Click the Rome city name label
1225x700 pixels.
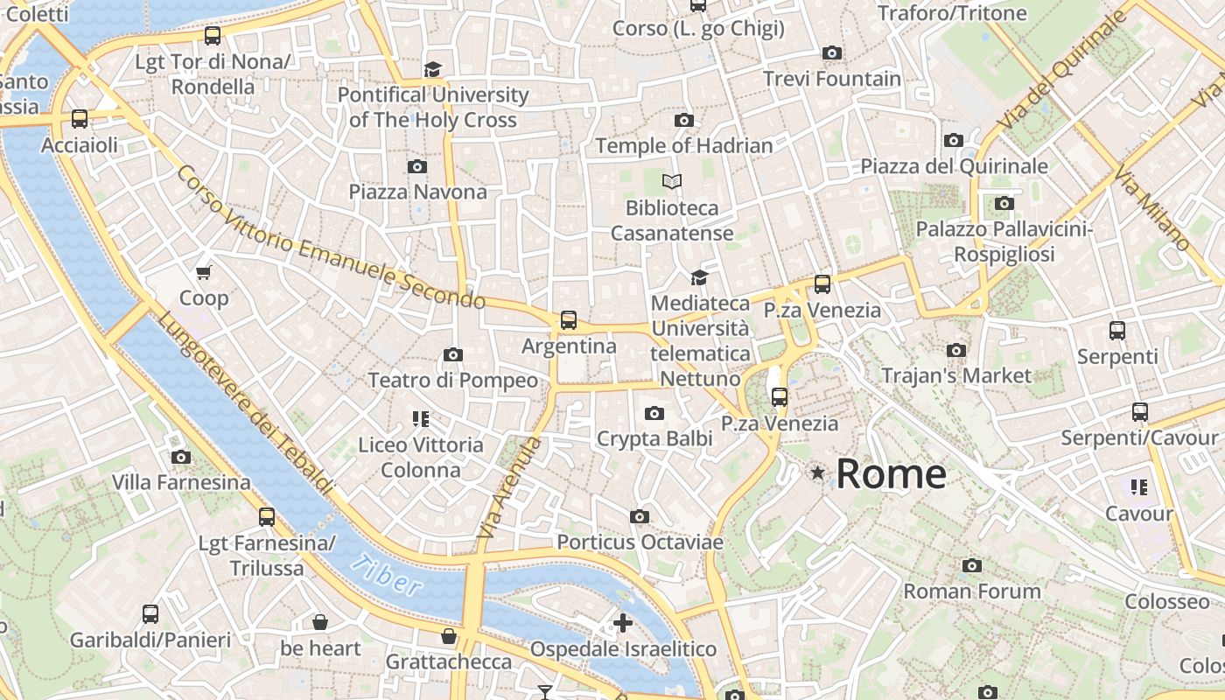pyautogui.click(x=891, y=474)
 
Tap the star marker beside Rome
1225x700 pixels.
pyautogui.click(x=818, y=472)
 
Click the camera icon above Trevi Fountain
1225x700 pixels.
pyautogui.click(x=832, y=53)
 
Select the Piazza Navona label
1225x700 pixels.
pyautogui.click(x=417, y=192)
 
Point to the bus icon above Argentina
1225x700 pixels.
pyautogui.click(x=569, y=320)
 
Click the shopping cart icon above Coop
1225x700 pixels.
pyautogui.click(x=204, y=273)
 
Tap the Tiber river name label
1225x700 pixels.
pyautogui.click(x=386, y=575)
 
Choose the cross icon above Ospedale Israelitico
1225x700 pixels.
pyautogui.click(x=623, y=623)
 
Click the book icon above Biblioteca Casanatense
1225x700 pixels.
pyautogui.click(x=672, y=181)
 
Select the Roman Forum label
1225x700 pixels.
pyautogui.click(x=971, y=591)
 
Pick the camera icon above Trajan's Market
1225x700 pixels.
pyautogui.click(x=956, y=351)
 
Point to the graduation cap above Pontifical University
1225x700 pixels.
pyautogui.click(x=432, y=69)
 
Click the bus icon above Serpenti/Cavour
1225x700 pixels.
pyautogui.click(x=1139, y=412)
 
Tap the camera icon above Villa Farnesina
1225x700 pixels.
pyautogui.click(x=181, y=457)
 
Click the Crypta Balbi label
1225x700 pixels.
pyautogui.click(x=654, y=438)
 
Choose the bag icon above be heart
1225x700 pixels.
pyautogui.click(x=320, y=622)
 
